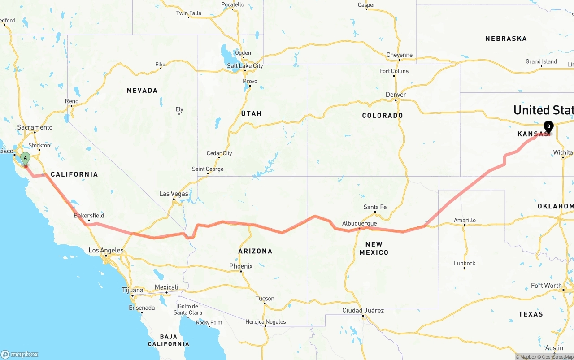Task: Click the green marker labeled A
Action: (26, 158)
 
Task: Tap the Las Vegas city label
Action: (174, 194)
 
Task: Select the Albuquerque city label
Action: (359, 223)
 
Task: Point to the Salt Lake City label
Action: (245, 66)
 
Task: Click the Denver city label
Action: (396, 95)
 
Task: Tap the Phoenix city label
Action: (241, 266)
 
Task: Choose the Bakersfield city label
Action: (89, 215)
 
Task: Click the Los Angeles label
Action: (106, 250)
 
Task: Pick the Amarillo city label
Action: (465, 220)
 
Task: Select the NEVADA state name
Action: (142, 91)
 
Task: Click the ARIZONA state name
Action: (255, 251)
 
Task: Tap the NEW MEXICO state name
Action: (374, 248)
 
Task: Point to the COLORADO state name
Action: (383, 116)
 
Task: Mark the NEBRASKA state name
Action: (506, 39)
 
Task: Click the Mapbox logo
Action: (20, 354)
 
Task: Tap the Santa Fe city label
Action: (375, 207)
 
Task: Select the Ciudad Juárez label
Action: (363, 310)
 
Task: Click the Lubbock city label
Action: (465, 263)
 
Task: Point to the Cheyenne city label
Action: (399, 55)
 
